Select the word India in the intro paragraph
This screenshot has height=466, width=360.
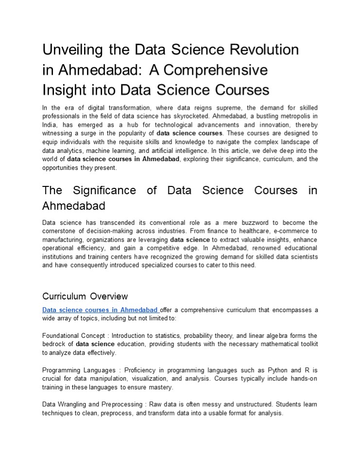point(50,124)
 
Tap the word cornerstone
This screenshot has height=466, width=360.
point(60,231)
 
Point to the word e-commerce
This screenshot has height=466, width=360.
point(299,231)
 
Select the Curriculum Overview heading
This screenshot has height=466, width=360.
point(85,296)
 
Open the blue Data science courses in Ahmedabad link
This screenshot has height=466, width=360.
point(100,310)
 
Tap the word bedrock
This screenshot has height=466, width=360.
point(54,344)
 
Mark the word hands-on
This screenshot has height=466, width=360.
point(304,379)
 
